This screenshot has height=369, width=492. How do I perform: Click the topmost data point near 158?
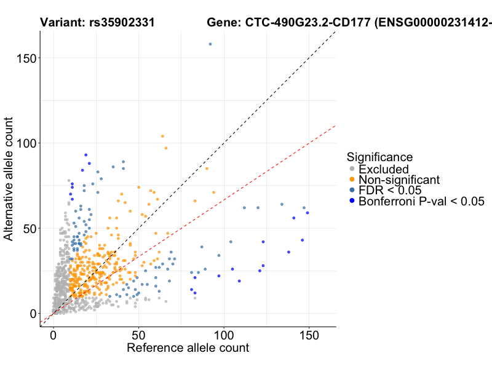pyautogui.click(x=210, y=44)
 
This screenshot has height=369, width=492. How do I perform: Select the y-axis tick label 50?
pyautogui.click(x=28, y=228)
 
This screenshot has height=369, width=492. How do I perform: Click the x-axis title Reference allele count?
pyautogui.click(x=188, y=348)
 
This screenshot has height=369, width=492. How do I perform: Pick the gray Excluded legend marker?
pyautogui.click(x=352, y=169)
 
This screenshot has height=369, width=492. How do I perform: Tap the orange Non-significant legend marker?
pyautogui.click(x=352, y=180)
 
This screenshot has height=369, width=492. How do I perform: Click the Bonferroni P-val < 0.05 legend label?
pyautogui.click(x=422, y=200)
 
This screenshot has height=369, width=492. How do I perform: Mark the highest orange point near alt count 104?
pyautogui.click(x=162, y=136)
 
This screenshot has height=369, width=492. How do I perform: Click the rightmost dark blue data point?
pyautogui.click(x=307, y=213)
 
